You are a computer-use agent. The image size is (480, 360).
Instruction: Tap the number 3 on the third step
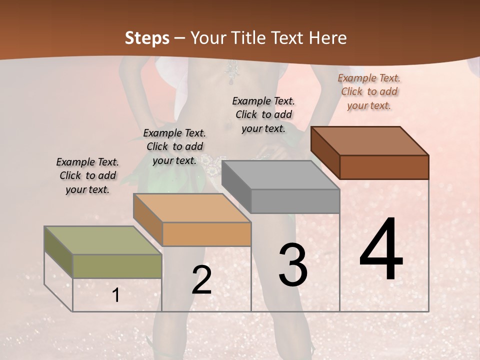(293, 265)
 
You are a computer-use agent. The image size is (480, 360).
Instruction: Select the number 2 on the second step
(201, 280)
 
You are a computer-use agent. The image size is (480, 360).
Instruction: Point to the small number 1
(116, 295)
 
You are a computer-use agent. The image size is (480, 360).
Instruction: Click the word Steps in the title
(147, 38)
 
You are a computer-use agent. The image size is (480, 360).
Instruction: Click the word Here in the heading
(327, 38)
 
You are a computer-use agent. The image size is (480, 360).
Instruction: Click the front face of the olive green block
(117, 266)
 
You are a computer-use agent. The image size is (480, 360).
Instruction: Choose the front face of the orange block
(206, 234)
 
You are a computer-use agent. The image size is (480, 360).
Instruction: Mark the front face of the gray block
(295, 201)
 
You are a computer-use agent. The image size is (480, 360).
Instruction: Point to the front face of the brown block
(384, 167)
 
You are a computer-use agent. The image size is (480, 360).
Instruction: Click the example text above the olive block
(87, 176)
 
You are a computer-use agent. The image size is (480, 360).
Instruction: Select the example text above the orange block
(174, 146)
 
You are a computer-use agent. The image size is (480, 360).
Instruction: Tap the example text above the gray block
(263, 114)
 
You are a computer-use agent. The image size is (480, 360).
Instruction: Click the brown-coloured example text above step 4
(369, 91)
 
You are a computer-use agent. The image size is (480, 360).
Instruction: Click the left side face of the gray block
(236, 186)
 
